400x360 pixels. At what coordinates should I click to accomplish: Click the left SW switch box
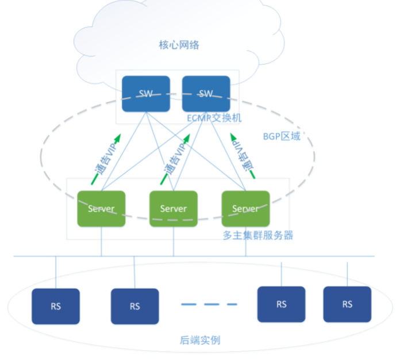pyautogui.click(x=146, y=94)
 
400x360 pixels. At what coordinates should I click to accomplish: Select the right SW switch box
pyautogui.click(x=206, y=94)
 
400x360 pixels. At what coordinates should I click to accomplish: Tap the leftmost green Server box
pyautogui.click(x=102, y=209)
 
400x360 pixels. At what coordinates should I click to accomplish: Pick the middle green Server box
pyautogui.click(x=174, y=209)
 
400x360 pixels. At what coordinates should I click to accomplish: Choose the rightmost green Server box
pyautogui.click(x=245, y=209)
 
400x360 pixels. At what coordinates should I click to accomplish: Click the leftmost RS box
pyautogui.click(x=56, y=306)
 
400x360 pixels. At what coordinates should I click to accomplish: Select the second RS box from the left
pyautogui.click(x=134, y=306)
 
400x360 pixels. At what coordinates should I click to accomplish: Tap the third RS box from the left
pyautogui.click(x=281, y=304)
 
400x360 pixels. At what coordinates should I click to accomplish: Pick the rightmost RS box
pyautogui.click(x=347, y=304)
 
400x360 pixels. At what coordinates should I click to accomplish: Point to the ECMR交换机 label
pyautogui.click(x=214, y=117)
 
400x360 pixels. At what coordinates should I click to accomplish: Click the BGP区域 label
pyautogui.click(x=282, y=136)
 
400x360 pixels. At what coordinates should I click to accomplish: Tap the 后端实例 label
pyautogui.click(x=200, y=340)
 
